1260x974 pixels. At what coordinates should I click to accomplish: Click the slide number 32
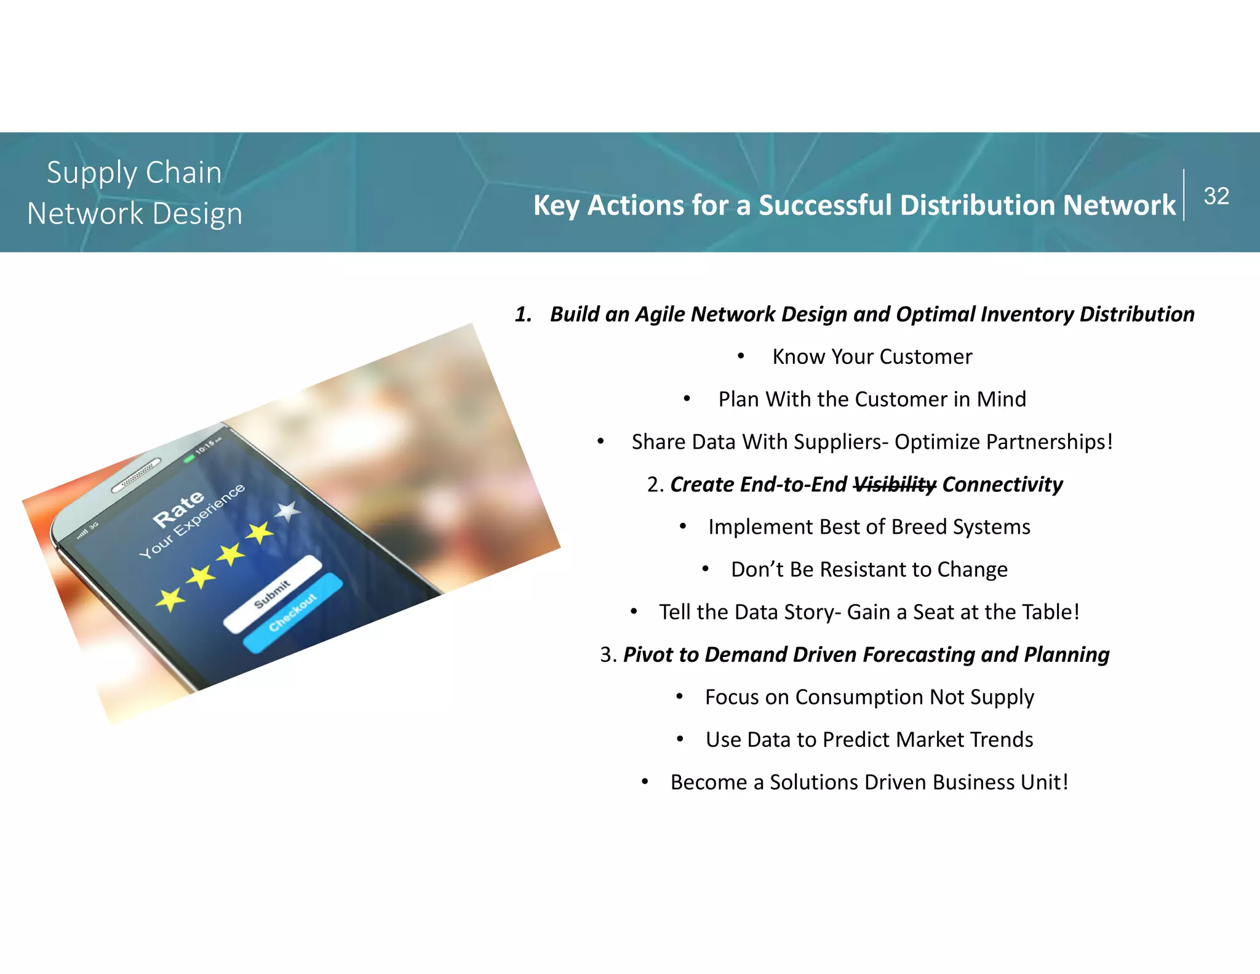pyautogui.click(x=1216, y=196)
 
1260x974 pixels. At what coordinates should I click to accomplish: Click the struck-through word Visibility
pyautogui.click(x=895, y=485)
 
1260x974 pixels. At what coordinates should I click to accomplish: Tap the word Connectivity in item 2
pyautogui.click(x=1002, y=485)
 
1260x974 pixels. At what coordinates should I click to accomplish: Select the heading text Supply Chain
pyautogui.click(x=134, y=172)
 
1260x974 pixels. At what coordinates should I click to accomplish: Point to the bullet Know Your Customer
pyautogui.click(x=872, y=356)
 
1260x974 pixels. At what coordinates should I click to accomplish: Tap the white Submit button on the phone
pyautogui.click(x=273, y=594)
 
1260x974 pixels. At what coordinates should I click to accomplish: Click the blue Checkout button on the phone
pyautogui.click(x=293, y=613)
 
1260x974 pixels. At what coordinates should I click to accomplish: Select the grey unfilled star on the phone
pyautogui.click(x=287, y=511)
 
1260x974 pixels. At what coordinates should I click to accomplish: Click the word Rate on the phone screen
pyautogui.click(x=178, y=509)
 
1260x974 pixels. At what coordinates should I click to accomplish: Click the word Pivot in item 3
pyautogui.click(x=648, y=654)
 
